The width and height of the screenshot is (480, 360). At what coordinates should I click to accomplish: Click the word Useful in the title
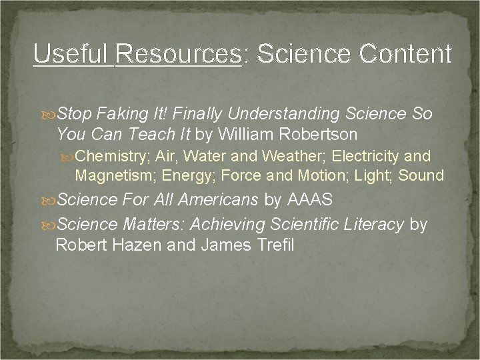tap(71, 54)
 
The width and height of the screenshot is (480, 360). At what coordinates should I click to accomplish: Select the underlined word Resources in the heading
tap(179, 54)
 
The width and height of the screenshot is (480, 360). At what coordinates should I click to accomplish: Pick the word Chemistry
tap(111, 156)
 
